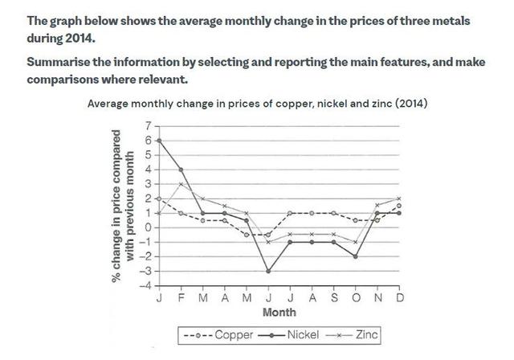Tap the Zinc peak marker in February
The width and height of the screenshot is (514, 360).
click(182, 184)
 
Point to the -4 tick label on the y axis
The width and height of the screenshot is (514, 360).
click(145, 285)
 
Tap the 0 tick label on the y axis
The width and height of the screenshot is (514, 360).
click(148, 227)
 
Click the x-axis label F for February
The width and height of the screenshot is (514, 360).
click(182, 297)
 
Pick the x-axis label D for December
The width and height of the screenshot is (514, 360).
click(399, 297)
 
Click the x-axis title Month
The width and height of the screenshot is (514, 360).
click(279, 312)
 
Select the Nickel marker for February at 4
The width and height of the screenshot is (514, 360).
click(182, 170)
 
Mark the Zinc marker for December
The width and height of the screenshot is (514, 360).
click(399, 198)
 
